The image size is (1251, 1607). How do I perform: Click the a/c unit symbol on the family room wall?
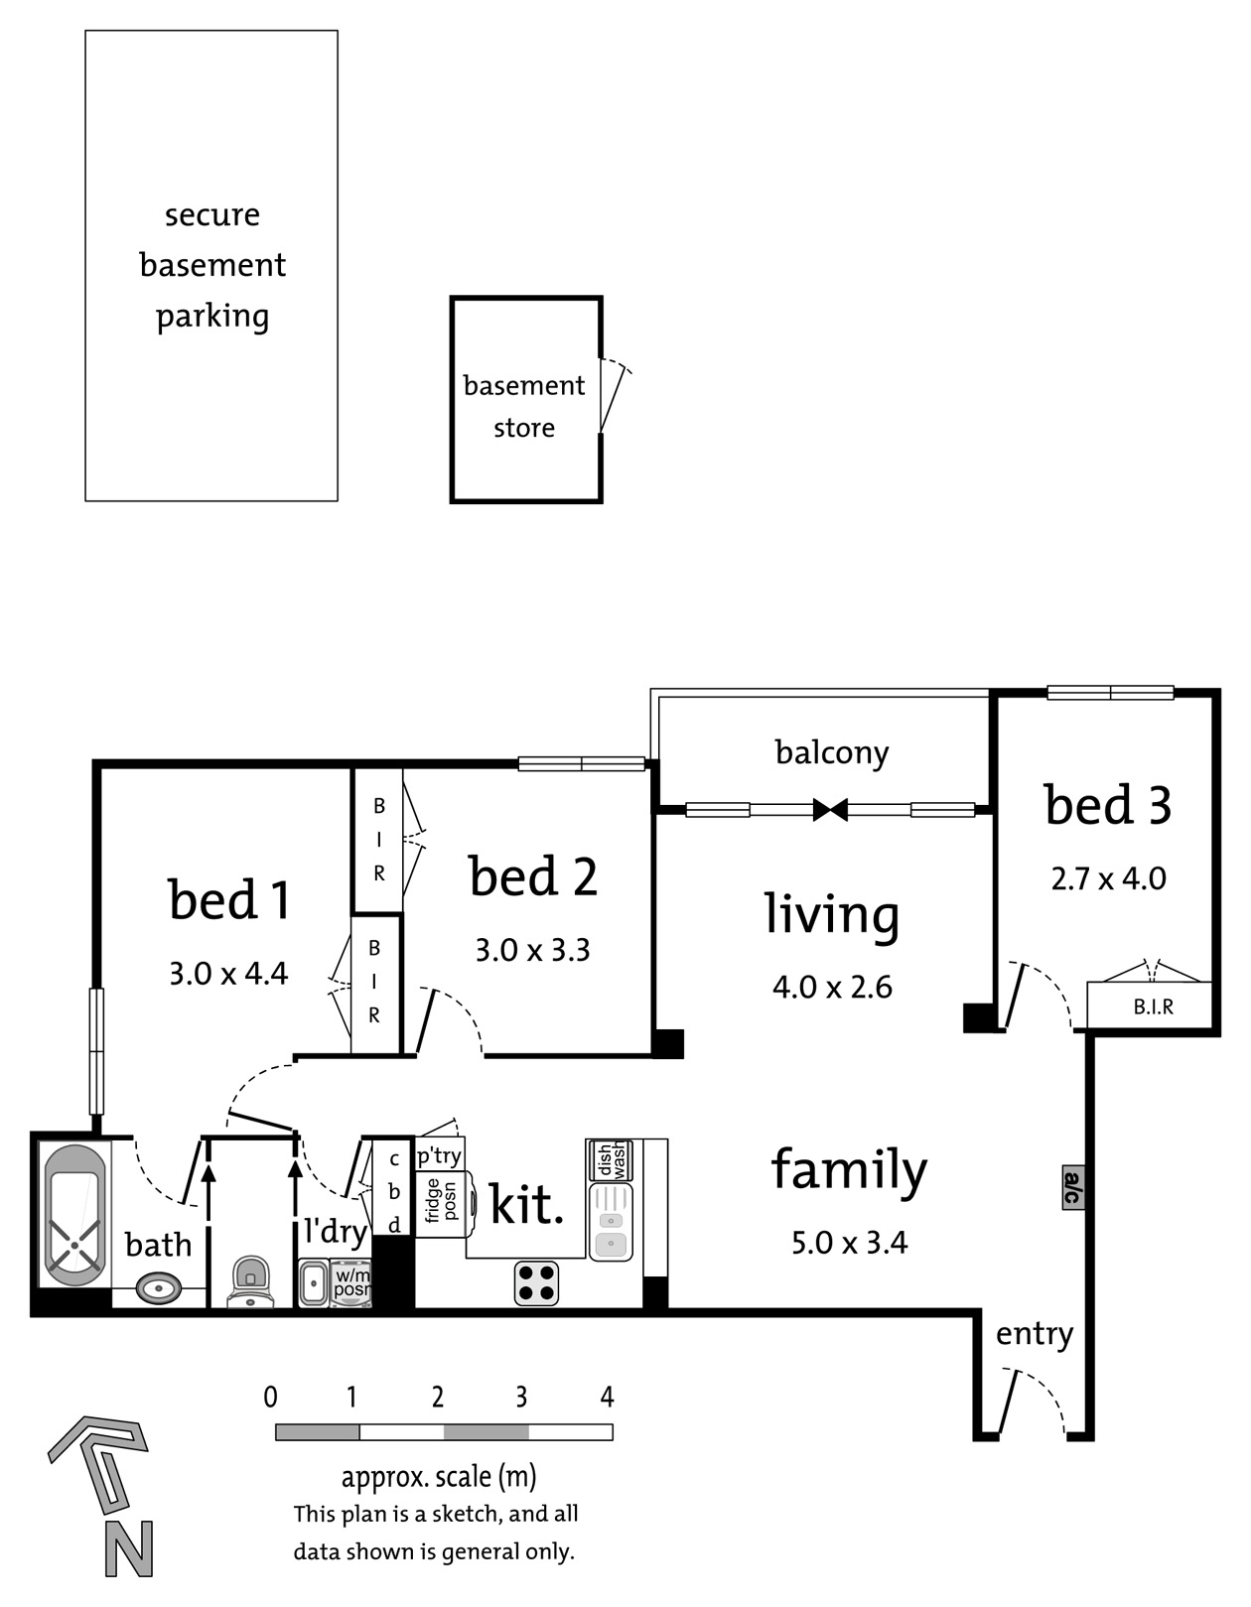coord(1073,1187)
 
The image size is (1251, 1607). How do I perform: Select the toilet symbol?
coord(250,1280)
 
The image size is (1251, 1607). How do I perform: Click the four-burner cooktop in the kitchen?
coord(536,1283)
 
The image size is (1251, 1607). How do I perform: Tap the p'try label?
coord(439,1155)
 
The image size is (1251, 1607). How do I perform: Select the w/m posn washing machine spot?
coord(351,1284)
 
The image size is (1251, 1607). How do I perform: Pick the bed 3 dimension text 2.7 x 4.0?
coord(1108,879)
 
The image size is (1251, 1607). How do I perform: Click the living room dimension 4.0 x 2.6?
coord(832,988)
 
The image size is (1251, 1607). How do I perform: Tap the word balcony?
coord(832,753)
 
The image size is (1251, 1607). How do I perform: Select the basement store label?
coord(524,406)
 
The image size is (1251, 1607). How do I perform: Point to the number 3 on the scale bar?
coord(521,1397)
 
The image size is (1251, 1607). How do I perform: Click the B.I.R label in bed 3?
coord(1154,1006)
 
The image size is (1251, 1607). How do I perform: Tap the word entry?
coord(1035,1335)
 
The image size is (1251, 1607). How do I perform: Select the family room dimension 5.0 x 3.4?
coord(849,1243)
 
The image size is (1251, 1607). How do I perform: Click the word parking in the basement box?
coord(212,317)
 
